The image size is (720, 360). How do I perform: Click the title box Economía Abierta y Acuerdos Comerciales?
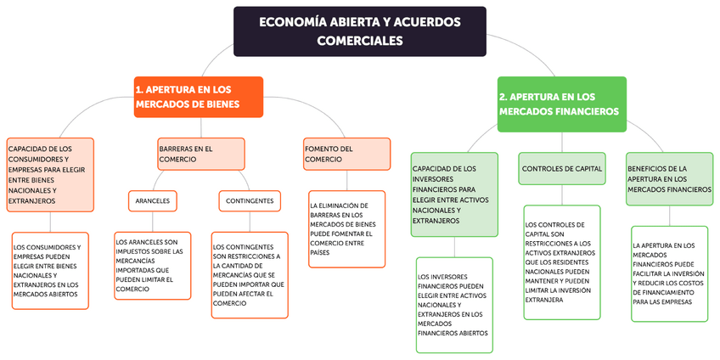pyautogui.click(x=360, y=31)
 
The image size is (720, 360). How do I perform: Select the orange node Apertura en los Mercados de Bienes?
pyautogui.click(x=198, y=97)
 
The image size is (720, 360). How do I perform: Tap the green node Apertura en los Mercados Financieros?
pyautogui.click(x=561, y=104)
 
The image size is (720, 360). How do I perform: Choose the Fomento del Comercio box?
pyautogui.click(x=346, y=154)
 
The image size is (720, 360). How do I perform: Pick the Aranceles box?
pyautogui.click(x=152, y=201)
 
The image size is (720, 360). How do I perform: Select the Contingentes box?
pyautogui.click(x=250, y=201)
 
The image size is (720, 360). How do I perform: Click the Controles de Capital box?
pyautogui.click(x=561, y=168)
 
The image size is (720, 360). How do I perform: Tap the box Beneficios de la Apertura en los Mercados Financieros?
pyautogui.click(x=669, y=179)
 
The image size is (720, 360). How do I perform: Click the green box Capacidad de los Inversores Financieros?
pyautogui.click(x=453, y=194)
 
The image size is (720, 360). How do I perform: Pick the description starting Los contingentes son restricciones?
pyautogui.click(x=249, y=274)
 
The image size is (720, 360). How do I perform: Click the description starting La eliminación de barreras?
pyautogui.click(x=346, y=229)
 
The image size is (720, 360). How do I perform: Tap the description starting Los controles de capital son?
pyautogui.click(x=561, y=262)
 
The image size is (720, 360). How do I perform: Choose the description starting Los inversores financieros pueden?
pyautogui.click(x=454, y=304)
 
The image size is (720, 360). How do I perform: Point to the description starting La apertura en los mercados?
pyautogui.click(x=669, y=273)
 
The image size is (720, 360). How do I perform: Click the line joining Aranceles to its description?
pyautogui.click(x=153, y=221)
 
